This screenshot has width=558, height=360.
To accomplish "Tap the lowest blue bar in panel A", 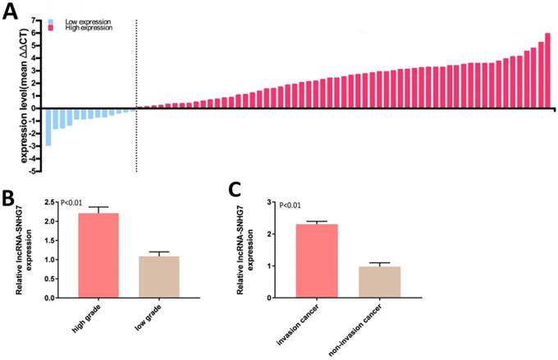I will coord(48,126).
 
